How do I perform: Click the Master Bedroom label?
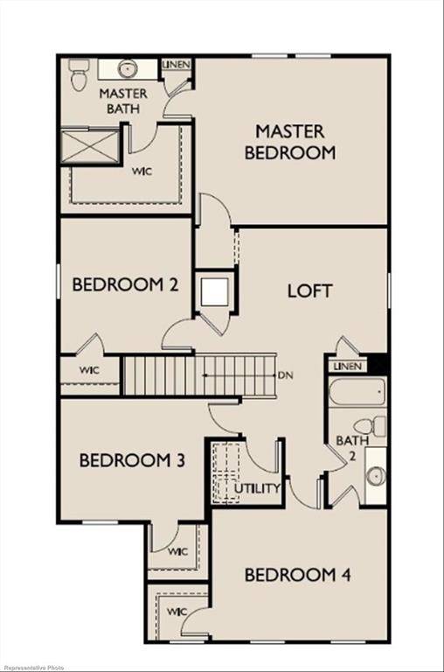click(x=290, y=142)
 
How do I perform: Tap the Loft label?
click(x=309, y=290)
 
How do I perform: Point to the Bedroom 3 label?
click(x=132, y=460)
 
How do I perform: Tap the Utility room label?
click(x=258, y=488)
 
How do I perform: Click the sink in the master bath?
click(x=128, y=69)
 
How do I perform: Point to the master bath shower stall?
click(x=89, y=146)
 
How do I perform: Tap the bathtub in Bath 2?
click(x=354, y=393)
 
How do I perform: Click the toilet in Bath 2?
click(x=377, y=427)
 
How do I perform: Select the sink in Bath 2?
click(x=376, y=475)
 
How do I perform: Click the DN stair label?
click(x=285, y=375)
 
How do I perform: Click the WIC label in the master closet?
click(x=142, y=171)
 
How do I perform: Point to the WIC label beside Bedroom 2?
click(x=89, y=370)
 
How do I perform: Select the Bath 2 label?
click(x=346, y=447)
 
